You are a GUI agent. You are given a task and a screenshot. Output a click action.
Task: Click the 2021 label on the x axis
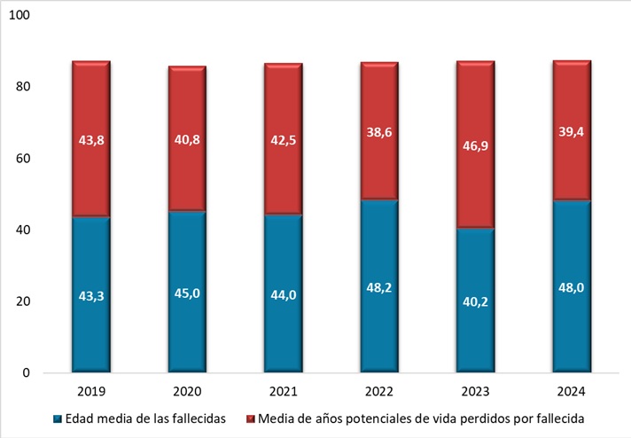pos(284,391)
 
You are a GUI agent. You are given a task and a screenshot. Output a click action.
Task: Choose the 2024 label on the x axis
pos(572,391)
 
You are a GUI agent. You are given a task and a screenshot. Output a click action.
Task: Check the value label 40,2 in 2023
pos(476,301)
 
